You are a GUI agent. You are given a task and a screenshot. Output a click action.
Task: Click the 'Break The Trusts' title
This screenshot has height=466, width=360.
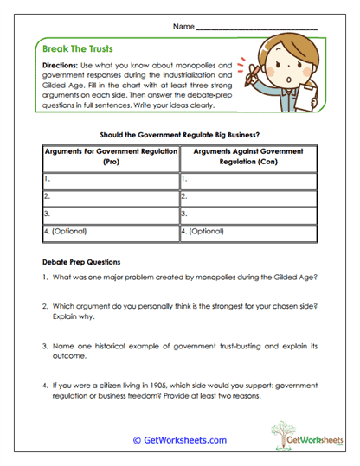78,49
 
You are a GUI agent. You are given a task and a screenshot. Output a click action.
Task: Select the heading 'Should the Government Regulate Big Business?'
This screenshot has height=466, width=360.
179,134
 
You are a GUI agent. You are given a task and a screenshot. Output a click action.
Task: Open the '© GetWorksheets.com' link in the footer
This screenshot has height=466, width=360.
179,440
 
